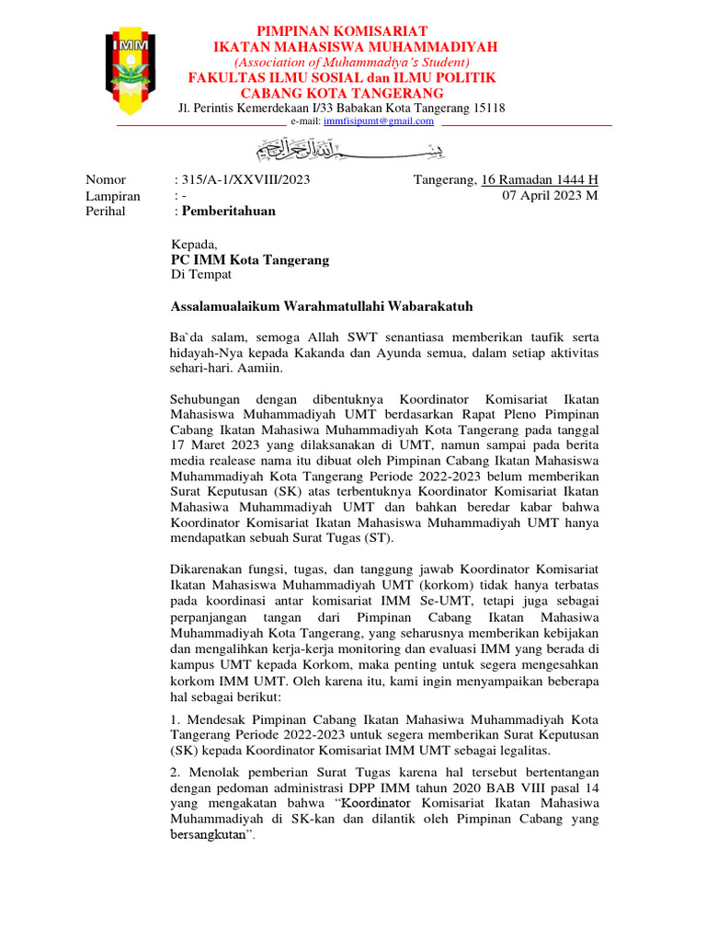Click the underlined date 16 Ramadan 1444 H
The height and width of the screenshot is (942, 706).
tap(540, 179)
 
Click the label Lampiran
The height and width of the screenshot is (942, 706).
tap(113, 196)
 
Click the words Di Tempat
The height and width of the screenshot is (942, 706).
tap(202, 275)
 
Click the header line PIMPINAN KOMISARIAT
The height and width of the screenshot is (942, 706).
tap(341, 32)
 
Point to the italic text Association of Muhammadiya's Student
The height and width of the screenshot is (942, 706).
tap(342, 62)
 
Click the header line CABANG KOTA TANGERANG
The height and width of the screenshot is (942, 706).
tap(342, 93)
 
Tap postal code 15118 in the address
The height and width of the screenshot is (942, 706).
tap(486, 108)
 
